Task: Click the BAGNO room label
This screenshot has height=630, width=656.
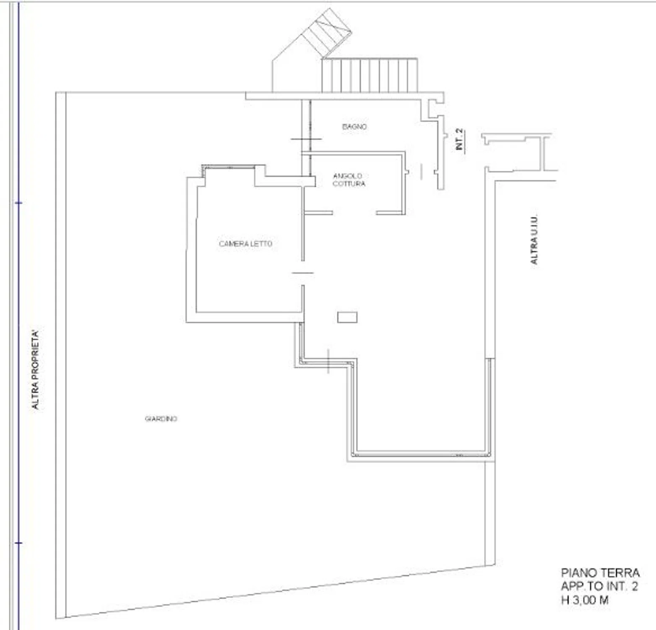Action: tap(354, 126)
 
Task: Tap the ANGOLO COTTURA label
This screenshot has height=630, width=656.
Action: tap(349, 180)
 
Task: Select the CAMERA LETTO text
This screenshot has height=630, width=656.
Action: tap(245, 244)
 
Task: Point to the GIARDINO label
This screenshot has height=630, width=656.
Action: tap(161, 419)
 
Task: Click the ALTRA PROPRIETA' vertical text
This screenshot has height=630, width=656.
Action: tap(36, 370)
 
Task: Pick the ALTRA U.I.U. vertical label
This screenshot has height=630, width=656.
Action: tap(534, 240)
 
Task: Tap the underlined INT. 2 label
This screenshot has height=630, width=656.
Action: tap(460, 139)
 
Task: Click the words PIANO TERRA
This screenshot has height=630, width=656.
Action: tap(600, 573)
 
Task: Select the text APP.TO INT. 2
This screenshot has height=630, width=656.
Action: tap(599, 586)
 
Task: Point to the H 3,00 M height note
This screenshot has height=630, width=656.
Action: tap(585, 600)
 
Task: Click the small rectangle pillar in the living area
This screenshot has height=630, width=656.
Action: tap(347, 318)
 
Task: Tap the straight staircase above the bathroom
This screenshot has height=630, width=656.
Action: tap(370, 75)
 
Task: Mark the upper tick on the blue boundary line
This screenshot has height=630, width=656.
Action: tap(18, 203)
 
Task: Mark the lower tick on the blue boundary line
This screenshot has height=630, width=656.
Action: tap(18, 543)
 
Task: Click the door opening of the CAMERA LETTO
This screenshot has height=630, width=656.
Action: tap(303, 273)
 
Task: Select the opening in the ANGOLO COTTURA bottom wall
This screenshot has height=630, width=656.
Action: tap(354, 213)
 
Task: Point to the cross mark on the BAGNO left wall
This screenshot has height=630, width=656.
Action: tap(306, 139)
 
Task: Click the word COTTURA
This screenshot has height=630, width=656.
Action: tap(349, 184)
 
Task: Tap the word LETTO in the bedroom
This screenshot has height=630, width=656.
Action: tap(262, 244)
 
